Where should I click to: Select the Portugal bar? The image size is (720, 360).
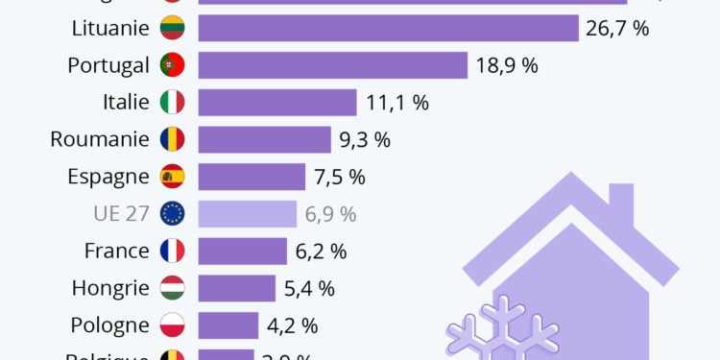click(x=332, y=65)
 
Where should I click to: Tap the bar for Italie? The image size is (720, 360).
click(x=277, y=102)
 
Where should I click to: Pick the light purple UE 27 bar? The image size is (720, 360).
click(x=248, y=213)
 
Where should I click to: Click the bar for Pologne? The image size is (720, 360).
click(x=228, y=325)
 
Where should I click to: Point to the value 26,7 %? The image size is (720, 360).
click(x=617, y=28)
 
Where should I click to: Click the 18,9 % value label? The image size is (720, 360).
click(x=506, y=65)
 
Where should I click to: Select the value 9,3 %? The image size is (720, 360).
click(x=365, y=139)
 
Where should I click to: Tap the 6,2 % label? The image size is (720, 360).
click(x=321, y=252)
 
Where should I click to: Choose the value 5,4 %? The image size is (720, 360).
click(x=311, y=288)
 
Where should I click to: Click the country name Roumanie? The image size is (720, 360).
click(x=100, y=139)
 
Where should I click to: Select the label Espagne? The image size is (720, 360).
click(x=108, y=177)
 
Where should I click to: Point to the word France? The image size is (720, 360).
click(x=116, y=252)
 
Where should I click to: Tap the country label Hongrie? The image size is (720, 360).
click(x=110, y=288)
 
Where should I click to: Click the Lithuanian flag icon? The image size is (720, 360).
click(x=172, y=28)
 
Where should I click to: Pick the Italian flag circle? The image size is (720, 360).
click(x=172, y=102)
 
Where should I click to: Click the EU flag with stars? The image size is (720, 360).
click(x=172, y=213)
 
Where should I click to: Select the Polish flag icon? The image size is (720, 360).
click(x=172, y=325)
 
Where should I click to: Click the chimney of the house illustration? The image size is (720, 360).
click(x=620, y=206)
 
